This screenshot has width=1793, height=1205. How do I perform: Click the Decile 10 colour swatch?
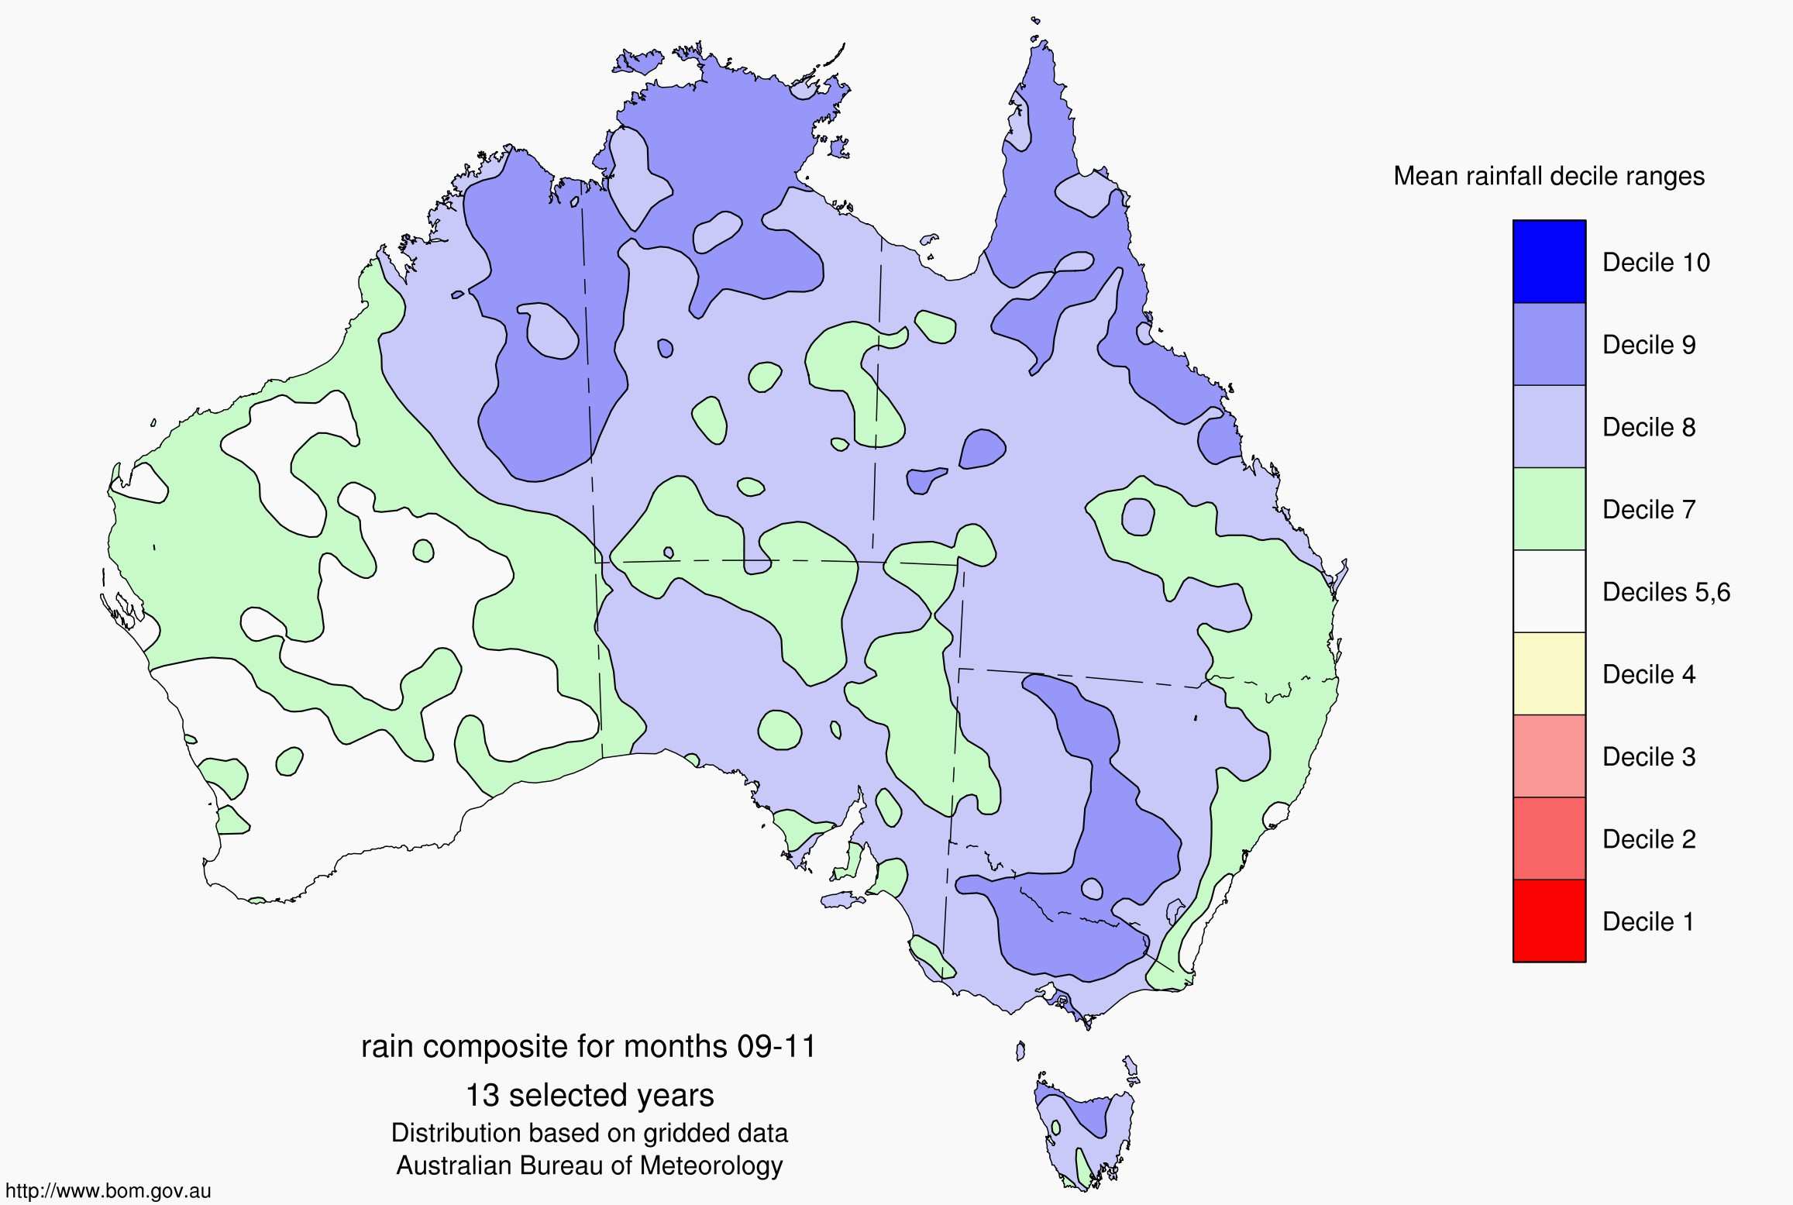click(x=1549, y=262)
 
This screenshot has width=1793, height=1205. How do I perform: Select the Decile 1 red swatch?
click(x=1549, y=921)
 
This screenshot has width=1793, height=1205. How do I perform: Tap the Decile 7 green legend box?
click(x=1549, y=509)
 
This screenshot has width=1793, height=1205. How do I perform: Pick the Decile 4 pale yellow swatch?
click(x=1549, y=673)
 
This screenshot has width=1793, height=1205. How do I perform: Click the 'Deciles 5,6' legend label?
click(x=1666, y=592)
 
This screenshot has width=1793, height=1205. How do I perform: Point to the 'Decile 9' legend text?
click(x=1649, y=345)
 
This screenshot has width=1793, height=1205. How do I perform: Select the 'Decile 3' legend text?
click(x=1649, y=756)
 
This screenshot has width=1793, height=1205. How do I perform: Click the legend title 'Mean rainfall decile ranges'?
click(x=1549, y=177)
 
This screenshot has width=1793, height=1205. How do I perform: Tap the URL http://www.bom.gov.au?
click(x=108, y=1191)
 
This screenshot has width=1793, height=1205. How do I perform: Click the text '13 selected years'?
click(x=590, y=1096)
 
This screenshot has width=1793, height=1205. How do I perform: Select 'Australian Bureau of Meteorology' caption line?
click(x=590, y=1165)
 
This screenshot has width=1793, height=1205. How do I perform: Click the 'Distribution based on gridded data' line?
click(x=590, y=1133)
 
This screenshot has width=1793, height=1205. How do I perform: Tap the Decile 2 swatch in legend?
click(x=1549, y=838)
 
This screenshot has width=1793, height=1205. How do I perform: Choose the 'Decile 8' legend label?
click(x=1649, y=427)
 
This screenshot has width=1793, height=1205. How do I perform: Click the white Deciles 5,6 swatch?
click(x=1549, y=591)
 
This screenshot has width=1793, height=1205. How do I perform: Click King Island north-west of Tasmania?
click(x=1020, y=1051)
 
